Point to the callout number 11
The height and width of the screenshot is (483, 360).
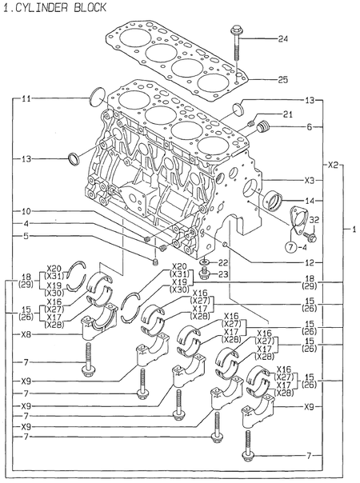26,99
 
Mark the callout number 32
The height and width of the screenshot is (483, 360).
314,219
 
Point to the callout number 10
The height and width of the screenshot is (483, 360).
26,212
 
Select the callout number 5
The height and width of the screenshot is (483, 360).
26,236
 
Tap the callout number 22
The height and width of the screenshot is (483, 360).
224,262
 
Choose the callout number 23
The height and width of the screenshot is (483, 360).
224,274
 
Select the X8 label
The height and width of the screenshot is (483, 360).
26,335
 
